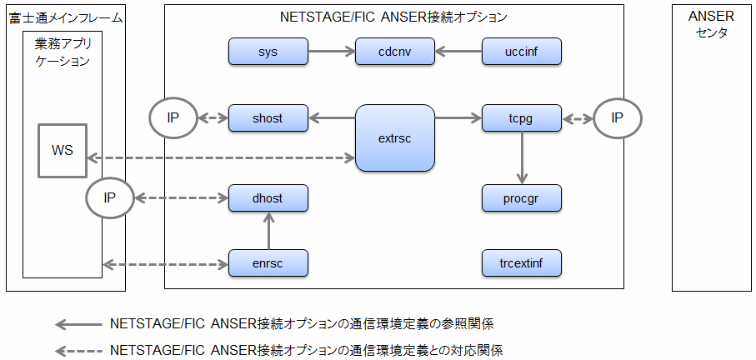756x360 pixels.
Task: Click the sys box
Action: point(268,51)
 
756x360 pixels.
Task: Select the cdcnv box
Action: point(395,51)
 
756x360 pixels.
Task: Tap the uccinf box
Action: point(522,51)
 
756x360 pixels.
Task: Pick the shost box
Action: point(268,117)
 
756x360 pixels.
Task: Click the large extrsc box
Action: point(395,137)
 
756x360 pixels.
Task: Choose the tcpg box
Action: point(522,117)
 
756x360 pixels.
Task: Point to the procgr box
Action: point(522,197)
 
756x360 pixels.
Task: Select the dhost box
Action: point(268,197)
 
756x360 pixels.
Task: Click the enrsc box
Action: point(268,263)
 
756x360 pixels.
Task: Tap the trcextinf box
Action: point(522,263)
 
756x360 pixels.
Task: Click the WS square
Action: point(63,150)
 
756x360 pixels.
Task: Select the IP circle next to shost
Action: point(173,118)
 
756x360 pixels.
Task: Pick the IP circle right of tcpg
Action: point(618,118)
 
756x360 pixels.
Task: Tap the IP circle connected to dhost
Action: point(110,197)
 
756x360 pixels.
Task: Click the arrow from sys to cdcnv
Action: point(332,51)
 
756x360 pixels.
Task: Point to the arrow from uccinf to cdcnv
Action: point(458,51)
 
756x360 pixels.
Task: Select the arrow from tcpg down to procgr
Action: point(522,157)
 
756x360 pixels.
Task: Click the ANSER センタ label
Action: point(711,25)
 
